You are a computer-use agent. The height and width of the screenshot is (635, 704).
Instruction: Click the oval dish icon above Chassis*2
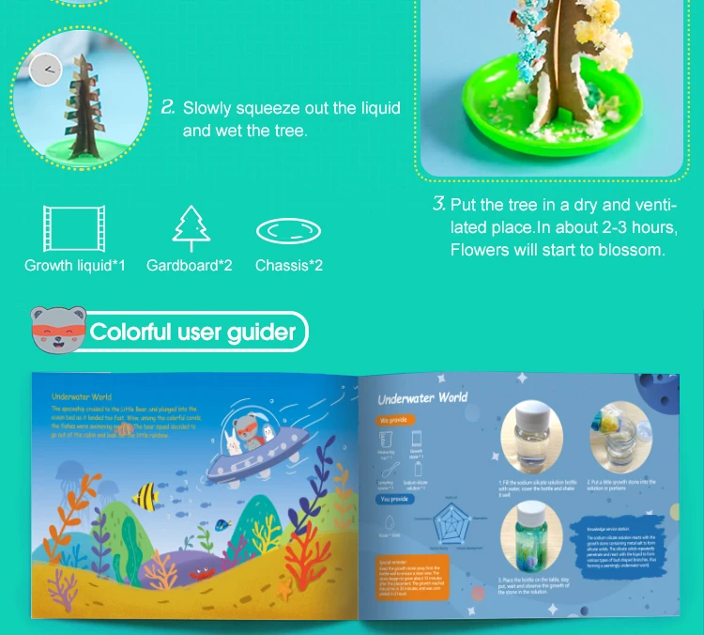[288, 231]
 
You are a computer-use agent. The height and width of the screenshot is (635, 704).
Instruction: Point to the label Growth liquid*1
[75, 266]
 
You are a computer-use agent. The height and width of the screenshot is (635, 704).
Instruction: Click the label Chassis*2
[288, 266]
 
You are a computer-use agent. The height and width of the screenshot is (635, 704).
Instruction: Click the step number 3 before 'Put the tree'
[437, 204]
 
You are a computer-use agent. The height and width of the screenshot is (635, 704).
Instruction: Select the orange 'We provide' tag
[394, 421]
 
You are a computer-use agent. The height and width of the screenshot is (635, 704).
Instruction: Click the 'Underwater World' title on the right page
[421, 397]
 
